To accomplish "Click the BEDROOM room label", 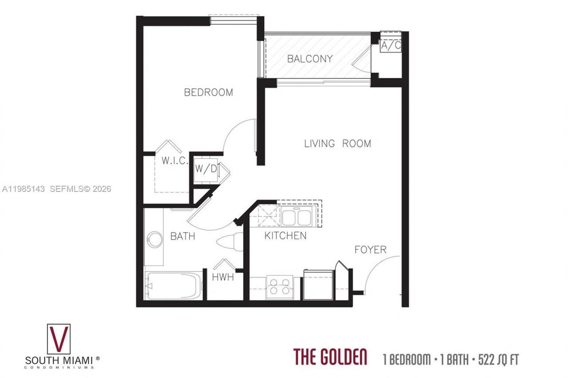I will (208, 92).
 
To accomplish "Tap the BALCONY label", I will (310, 59).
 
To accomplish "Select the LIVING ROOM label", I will (337, 143).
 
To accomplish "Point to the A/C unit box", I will (391, 45).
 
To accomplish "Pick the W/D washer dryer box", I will (206, 169).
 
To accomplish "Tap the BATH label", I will (182, 236).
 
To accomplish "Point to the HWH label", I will (223, 278).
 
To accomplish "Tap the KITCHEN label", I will (285, 235).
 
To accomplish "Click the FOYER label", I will (370, 250).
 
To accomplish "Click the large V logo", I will (59, 339).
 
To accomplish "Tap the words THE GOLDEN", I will (330, 357).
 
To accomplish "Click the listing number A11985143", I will (23, 189).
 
